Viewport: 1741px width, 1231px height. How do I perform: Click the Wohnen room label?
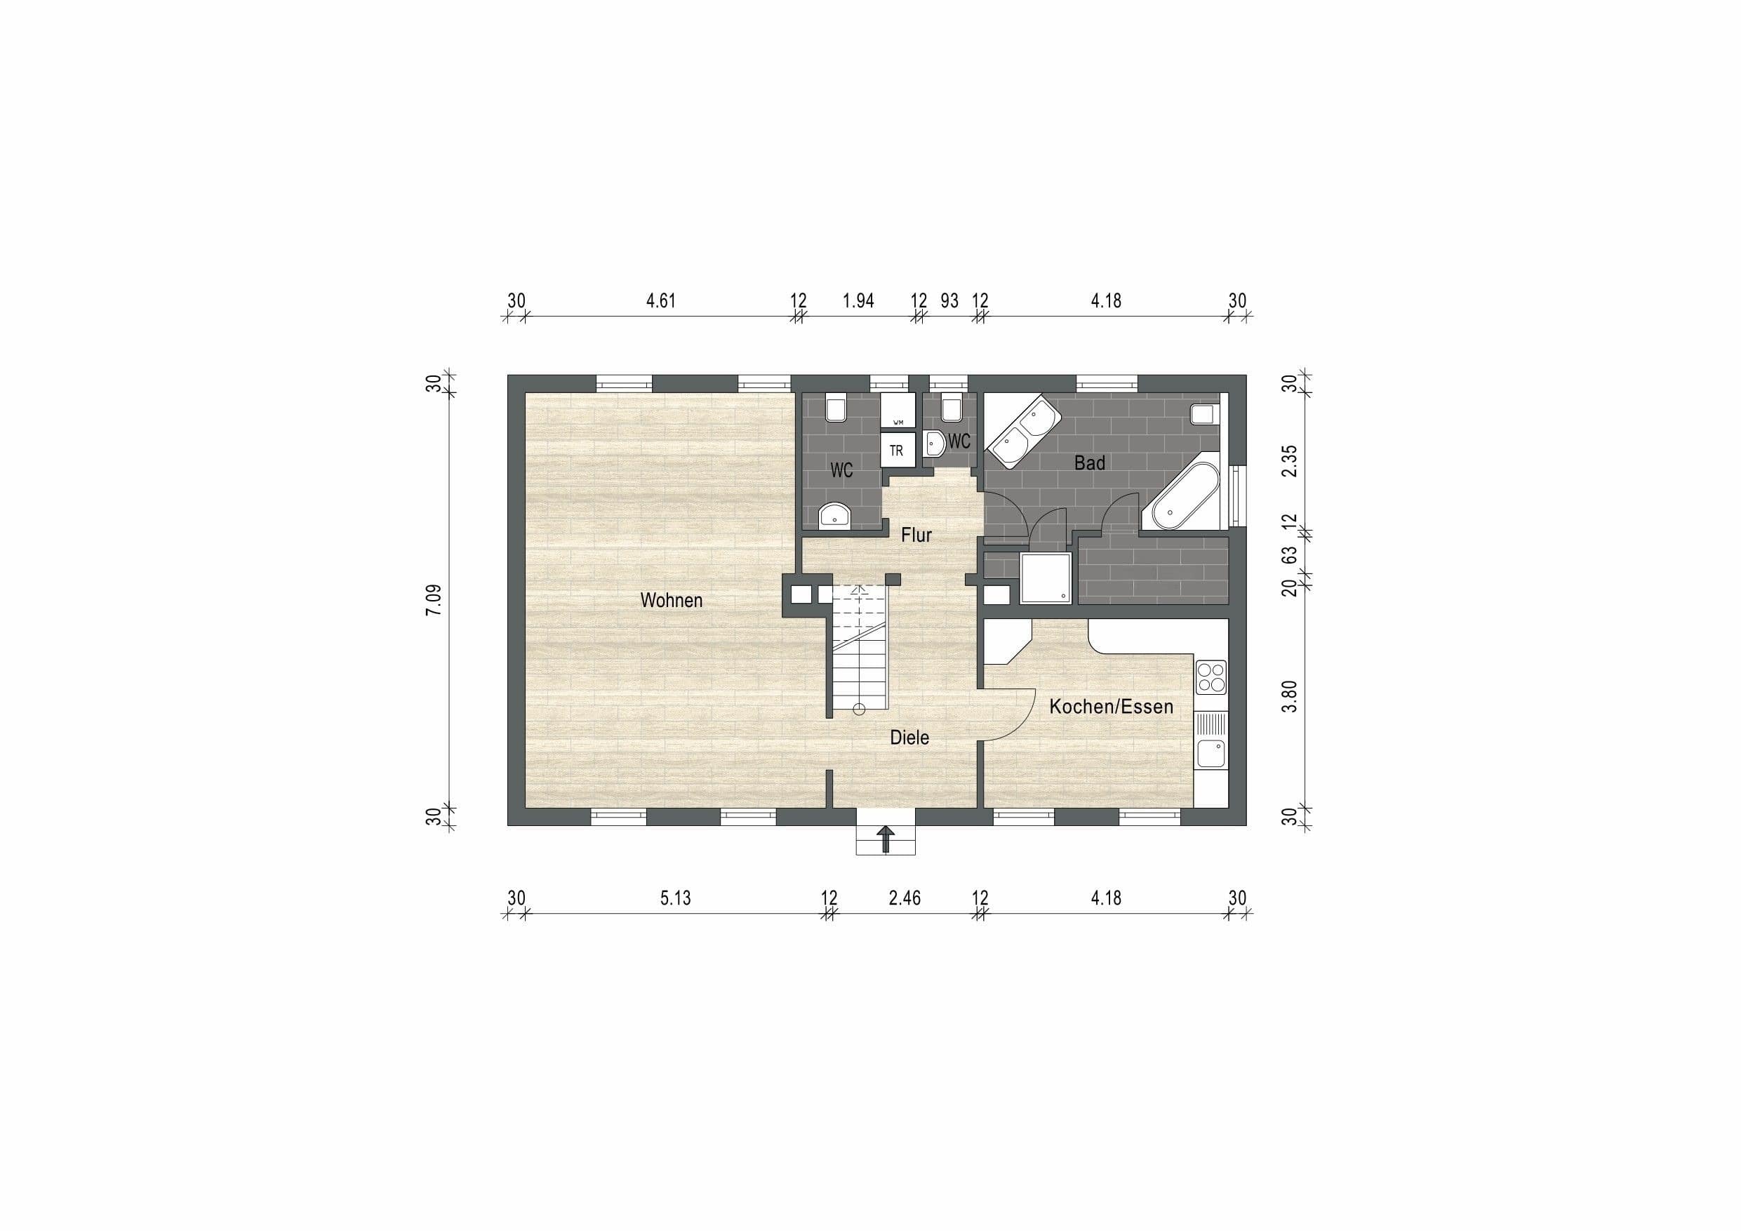click(x=671, y=600)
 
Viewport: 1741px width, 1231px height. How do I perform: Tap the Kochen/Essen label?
click(x=1111, y=707)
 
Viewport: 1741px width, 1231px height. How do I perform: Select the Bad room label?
click(x=1090, y=463)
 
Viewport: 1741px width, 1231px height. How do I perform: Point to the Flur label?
click(x=916, y=535)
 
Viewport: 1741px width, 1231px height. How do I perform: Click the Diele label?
click(x=909, y=737)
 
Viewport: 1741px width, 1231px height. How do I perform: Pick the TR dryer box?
click(x=896, y=451)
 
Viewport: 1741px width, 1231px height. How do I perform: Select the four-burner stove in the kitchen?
click(x=1211, y=677)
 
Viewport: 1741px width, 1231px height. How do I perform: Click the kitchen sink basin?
click(x=1210, y=754)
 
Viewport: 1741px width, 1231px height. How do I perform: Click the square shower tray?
click(x=1046, y=578)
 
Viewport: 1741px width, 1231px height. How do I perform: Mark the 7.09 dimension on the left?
click(x=434, y=601)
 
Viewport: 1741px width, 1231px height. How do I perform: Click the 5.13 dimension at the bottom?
click(x=675, y=898)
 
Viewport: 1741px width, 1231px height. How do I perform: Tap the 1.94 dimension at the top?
click(x=858, y=301)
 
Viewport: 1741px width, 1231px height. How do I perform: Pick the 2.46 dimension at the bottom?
click(x=905, y=898)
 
